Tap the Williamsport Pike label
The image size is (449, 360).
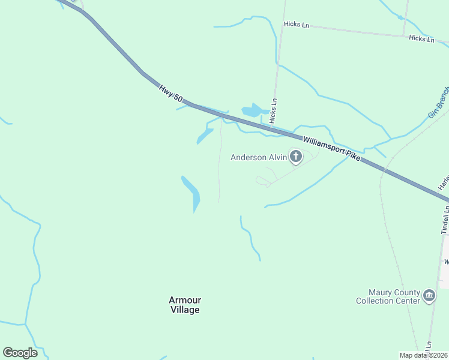pyautogui.click(x=332, y=147)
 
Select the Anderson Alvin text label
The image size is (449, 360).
pyautogui.click(x=259, y=158)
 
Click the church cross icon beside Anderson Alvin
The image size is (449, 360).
pyautogui.click(x=295, y=157)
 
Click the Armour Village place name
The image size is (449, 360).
pyautogui.click(x=184, y=305)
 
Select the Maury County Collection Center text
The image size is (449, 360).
pyautogui.click(x=388, y=296)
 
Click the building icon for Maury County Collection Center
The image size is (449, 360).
pyautogui.click(x=429, y=296)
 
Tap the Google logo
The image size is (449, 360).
pyautogui.click(x=20, y=353)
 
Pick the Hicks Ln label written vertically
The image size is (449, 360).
pyautogui.click(x=274, y=111)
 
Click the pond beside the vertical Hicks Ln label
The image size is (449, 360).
pyautogui.click(x=254, y=111)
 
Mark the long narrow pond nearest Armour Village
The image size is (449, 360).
pyautogui.click(x=192, y=192)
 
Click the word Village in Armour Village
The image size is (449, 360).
pyautogui.click(x=184, y=310)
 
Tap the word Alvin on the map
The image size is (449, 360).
pyautogui.click(x=277, y=158)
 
